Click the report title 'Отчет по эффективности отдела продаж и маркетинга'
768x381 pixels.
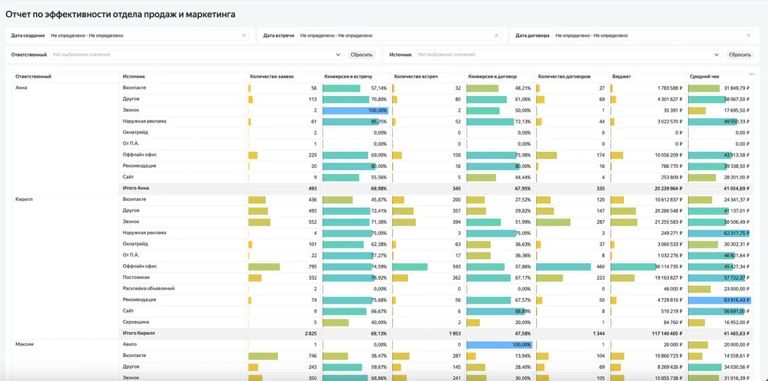point(121,14)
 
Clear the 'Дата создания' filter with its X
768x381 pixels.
point(244,35)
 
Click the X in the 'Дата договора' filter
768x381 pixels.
point(748,35)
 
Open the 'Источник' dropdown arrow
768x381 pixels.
point(716,55)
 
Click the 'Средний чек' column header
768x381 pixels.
point(704,76)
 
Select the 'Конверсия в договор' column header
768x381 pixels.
point(493,76)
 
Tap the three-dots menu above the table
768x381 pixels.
point(752,74)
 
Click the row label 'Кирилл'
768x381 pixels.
point(24,199)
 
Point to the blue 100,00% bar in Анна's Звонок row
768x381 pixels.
point(355,110)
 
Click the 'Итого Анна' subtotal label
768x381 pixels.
point(136,188)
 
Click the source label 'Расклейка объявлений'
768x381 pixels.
point(148,289)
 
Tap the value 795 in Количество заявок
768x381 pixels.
point(313,266)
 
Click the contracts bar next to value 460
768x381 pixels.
point(563,266)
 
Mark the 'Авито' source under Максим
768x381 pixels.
point(130,344)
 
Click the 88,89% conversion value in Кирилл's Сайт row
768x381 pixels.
point(523,311)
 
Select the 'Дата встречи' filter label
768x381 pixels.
point(279,35)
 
